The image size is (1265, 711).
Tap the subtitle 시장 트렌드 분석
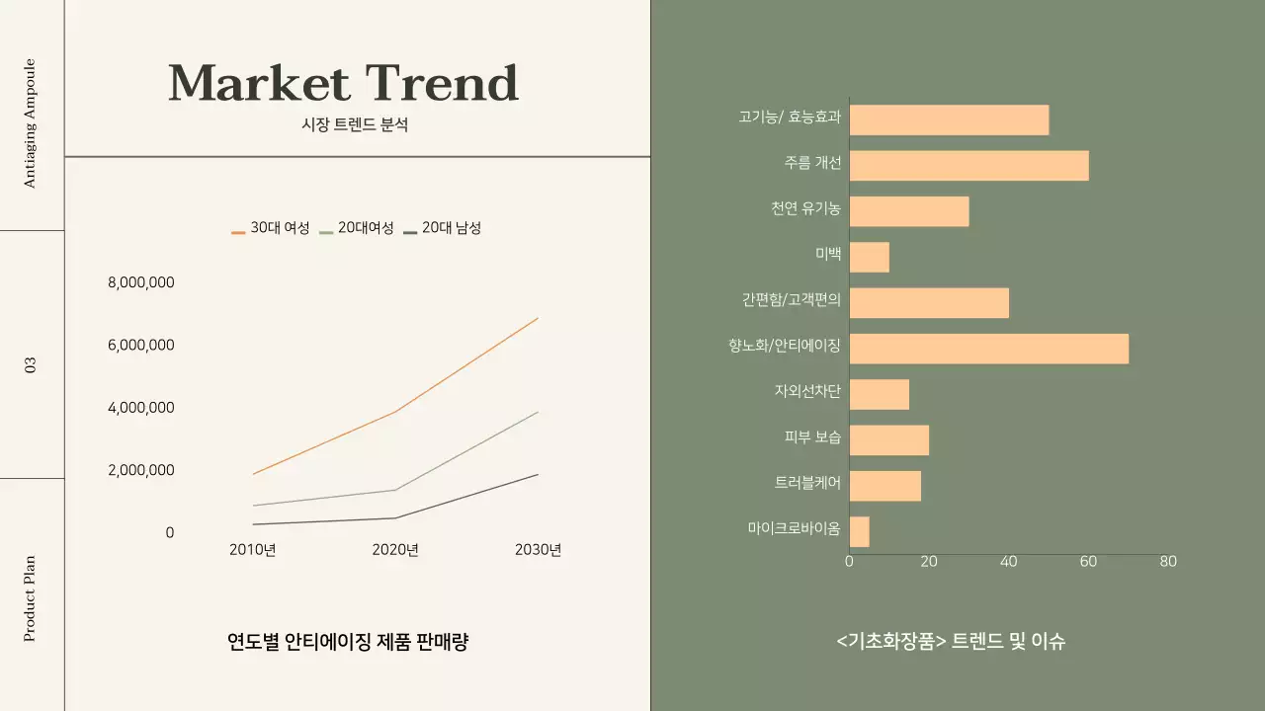pos(355,125)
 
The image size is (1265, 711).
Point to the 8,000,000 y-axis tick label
pos(141,282)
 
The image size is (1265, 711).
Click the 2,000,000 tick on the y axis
pos(141,470)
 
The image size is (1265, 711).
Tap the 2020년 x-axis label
pos(395,550)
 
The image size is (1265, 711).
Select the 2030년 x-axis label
pos(538,550)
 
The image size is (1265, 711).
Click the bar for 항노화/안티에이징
pos(988,349)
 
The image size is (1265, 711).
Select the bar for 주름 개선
pos(969,166)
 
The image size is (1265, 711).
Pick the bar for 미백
pos(869,257)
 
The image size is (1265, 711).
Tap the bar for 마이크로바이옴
pos(859,531)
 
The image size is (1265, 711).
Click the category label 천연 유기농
pos(806,208)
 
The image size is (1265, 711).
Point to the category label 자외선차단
pos(807,391)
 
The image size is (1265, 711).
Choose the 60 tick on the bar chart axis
pos(1088,562)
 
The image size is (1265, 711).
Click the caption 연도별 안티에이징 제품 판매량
pos(348,642)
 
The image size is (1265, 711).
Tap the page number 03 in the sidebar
pos(31,365)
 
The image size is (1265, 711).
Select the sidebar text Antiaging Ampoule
pos(30,122)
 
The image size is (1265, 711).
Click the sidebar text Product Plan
pos(30,598)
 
